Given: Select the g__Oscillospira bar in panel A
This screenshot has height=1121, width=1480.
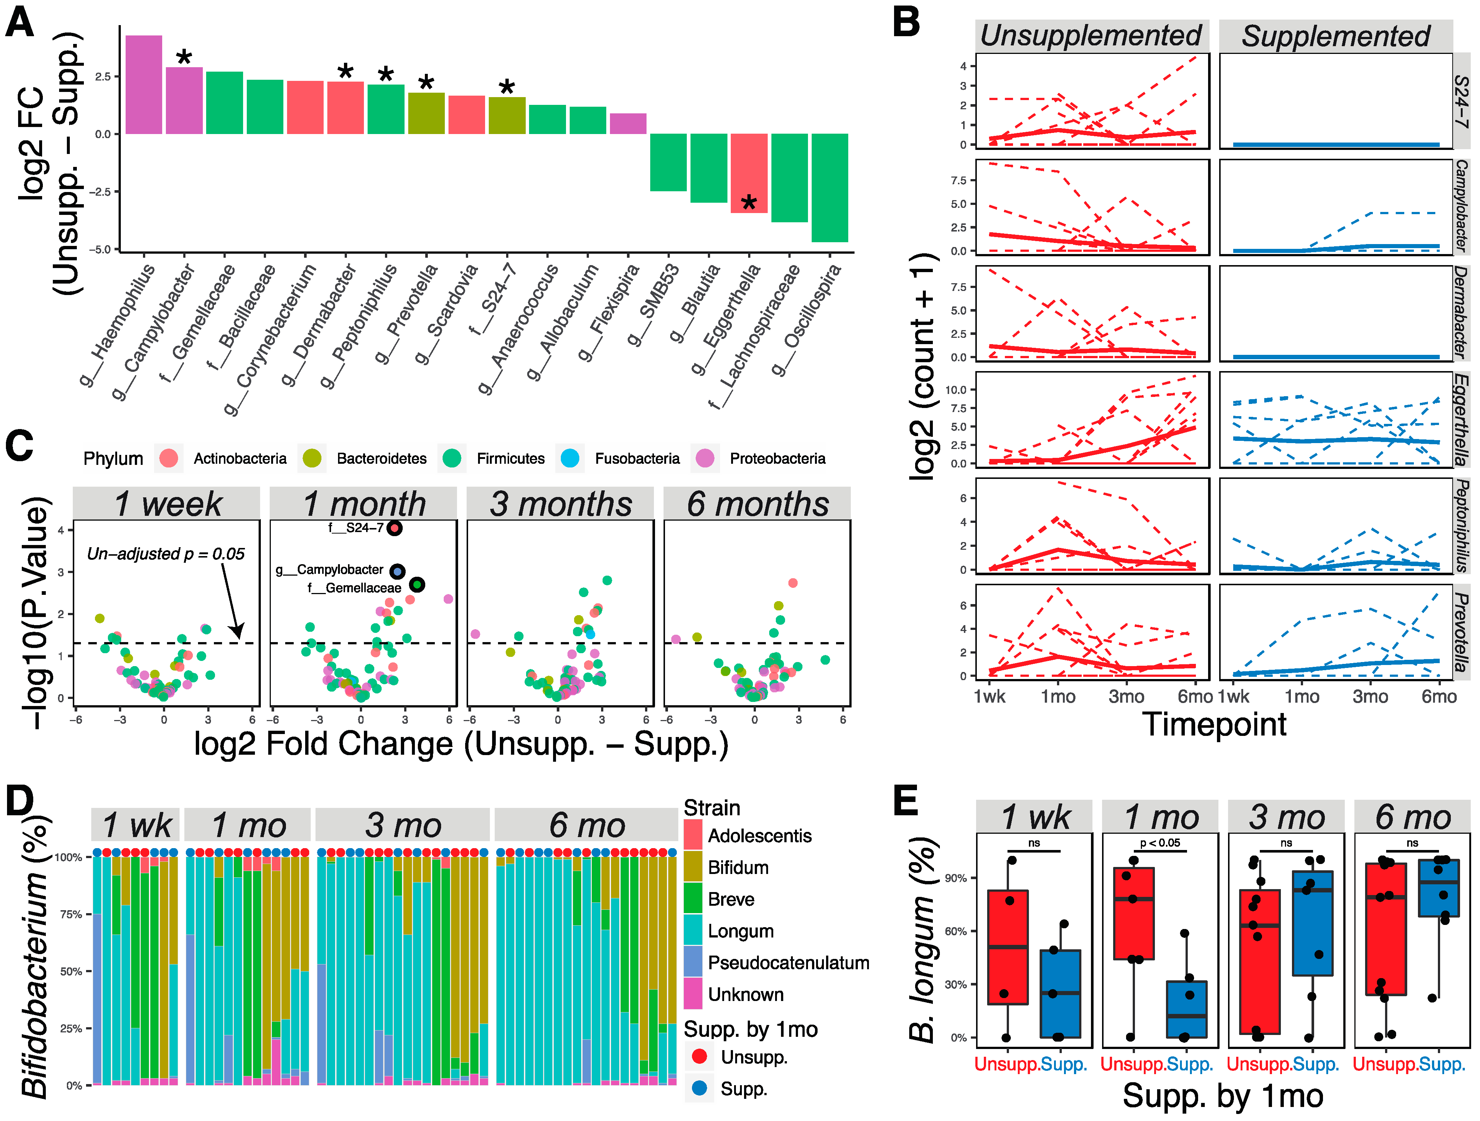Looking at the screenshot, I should point(830,187).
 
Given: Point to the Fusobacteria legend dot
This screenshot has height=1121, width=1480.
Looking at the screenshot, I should point(570,458).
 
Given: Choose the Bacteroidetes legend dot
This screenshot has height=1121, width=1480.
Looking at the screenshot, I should point(312,458).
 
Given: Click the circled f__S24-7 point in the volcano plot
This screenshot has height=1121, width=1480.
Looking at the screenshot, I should point(395,528).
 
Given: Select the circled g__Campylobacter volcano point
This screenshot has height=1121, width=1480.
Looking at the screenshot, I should point(398,571).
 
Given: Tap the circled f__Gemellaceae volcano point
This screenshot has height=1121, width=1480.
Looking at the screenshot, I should point(417,585).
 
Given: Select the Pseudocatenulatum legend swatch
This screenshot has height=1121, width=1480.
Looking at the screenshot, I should point(693,963).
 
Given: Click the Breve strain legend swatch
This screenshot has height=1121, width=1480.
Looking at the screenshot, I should point(693,899).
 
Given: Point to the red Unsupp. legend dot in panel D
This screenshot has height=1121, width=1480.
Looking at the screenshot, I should point(699,1057).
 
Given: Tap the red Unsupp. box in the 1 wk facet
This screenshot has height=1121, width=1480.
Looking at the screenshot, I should point(1007,946).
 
